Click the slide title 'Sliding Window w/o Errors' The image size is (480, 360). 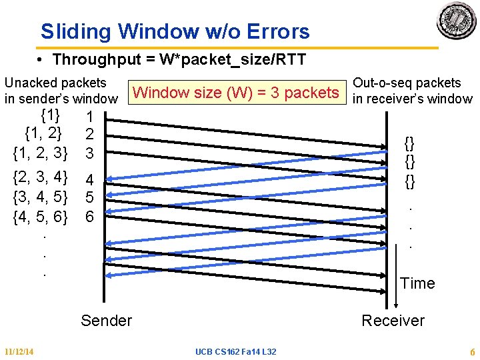pos(175,31)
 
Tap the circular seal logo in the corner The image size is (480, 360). pos(457,19)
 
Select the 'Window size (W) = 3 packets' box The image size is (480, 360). pos(236,93)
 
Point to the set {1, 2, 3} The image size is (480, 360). pos(41,153)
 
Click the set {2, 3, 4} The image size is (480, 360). pos(41,177)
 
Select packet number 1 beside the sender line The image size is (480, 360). pos(89,117)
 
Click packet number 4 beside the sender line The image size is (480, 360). pos(89,180)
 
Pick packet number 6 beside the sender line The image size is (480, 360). pos(89,217)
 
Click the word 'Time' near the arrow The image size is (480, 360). pos(417,283)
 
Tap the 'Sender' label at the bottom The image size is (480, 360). pos(107,321)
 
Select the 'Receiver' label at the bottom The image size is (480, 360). pos(393,321)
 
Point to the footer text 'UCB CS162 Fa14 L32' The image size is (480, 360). pos(237,351)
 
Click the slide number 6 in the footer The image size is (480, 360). pos(472,351)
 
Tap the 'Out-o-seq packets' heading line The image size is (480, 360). pos(407,83)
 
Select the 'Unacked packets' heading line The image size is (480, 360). pos(55,83)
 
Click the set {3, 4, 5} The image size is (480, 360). pos(41,197)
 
